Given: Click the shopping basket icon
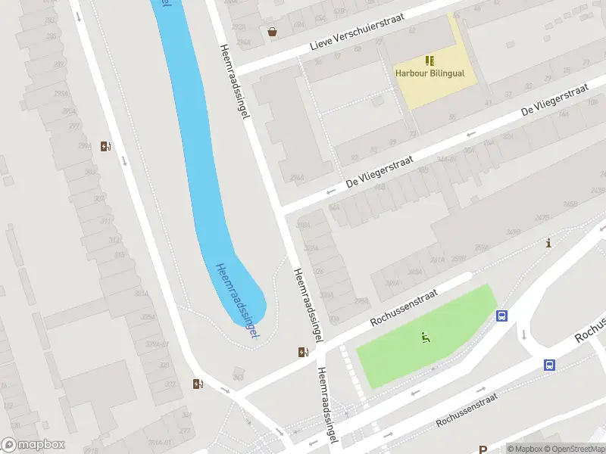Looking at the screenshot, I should click(272, 32).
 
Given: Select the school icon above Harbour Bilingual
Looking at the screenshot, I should click(430, 60).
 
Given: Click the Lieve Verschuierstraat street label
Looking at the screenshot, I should click(358, 32).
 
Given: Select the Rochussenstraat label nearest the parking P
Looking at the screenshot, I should click(466, 409).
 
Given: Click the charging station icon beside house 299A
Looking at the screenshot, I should click(105, 146).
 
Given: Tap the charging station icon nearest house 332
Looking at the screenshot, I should click(198, 384).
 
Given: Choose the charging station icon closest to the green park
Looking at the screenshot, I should click(304, 351).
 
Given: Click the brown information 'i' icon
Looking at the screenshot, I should click(548, 243).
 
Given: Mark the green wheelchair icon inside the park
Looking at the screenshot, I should click(425, 337).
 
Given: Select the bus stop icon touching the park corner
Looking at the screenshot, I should click(501, 316).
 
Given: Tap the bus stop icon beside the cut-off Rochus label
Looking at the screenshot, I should click(549, 365).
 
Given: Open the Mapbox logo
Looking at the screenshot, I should click(33, 445).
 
